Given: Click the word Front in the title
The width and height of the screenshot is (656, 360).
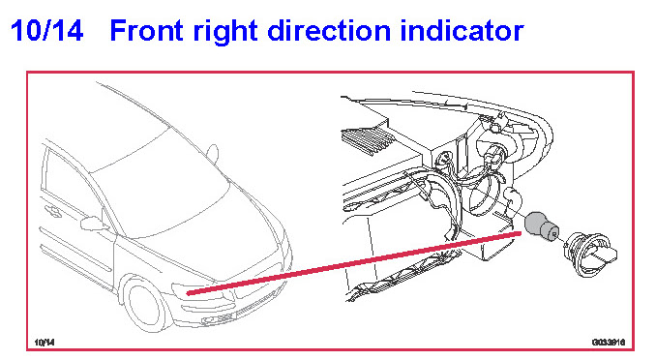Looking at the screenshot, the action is [147, 30].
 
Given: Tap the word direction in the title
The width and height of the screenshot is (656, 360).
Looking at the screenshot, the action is [329, 30].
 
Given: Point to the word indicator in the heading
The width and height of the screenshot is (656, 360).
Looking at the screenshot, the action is [462, 30].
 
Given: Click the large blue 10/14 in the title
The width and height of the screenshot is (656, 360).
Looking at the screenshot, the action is [46, 31].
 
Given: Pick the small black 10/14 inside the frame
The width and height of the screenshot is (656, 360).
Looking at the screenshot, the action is [45, 343].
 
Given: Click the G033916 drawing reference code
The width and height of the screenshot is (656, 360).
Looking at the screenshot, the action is [609, 343].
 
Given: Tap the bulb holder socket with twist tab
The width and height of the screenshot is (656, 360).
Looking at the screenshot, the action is [590, 254].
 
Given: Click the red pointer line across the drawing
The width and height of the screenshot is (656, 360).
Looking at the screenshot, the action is [354, 263].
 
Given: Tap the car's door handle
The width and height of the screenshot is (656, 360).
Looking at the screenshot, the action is [53, 211].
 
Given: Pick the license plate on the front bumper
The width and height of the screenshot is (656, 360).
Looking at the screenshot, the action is [220, 319].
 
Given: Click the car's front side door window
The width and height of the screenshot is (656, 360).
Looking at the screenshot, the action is [72, 190].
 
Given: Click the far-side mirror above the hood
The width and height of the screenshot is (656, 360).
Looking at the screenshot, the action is [213, 153].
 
